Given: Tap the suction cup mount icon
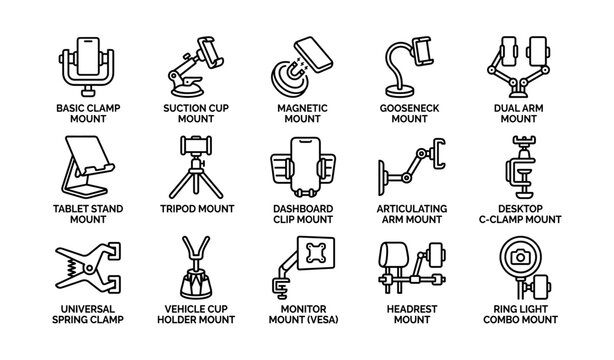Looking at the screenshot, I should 196,66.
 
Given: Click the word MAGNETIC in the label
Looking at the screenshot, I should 304,106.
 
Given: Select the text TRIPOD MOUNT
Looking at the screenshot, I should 196,209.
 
